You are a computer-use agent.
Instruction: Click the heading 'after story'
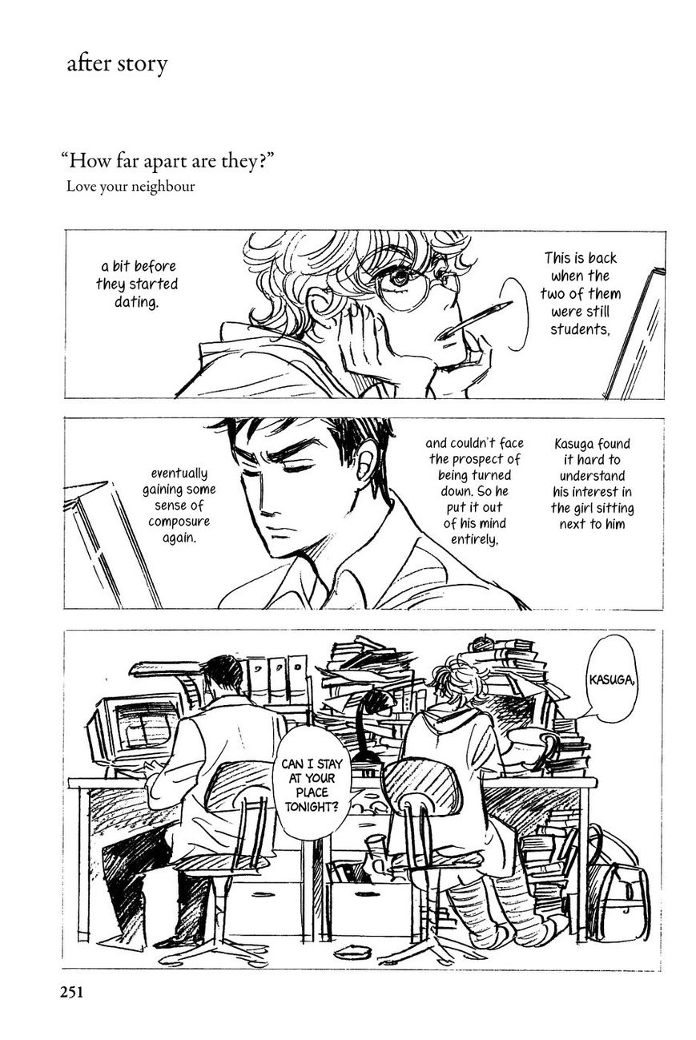click(x=117, y=64)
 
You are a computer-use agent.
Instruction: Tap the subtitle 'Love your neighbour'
click(x=131, y=187)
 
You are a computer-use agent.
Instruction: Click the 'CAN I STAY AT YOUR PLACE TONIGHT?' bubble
click(x=312, y=785)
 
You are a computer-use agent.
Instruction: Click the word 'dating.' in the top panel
click(x=135, y=302)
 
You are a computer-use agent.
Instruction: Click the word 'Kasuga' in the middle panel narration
click(x=573, y=445)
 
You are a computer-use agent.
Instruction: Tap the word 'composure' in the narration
click(x=179, y=522)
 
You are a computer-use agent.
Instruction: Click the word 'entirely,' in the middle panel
click(x=474, y=539)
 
